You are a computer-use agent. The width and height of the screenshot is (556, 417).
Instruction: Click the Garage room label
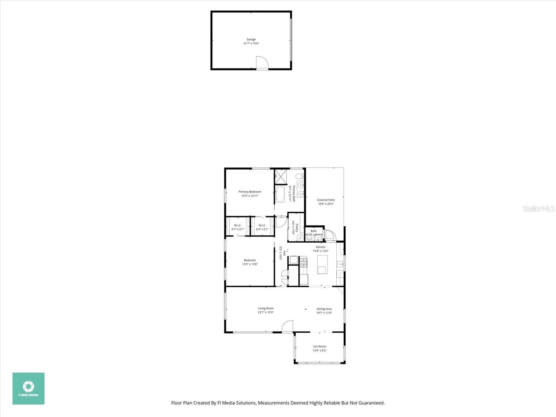(251, 40)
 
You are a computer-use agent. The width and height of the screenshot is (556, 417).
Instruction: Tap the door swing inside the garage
(262, 63)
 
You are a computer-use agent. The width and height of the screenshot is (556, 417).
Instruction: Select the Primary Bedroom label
(250, 192)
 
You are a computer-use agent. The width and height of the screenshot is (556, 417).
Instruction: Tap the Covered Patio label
(326, 200)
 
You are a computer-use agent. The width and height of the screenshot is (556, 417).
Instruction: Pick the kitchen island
(322, 265)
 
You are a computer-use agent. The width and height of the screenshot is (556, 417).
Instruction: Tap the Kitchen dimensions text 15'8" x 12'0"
(320, 251)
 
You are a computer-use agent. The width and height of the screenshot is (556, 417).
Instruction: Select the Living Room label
(265, 308)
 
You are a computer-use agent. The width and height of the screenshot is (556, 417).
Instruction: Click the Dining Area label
(324, 309)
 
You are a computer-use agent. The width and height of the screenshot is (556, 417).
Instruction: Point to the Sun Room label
(319, 346)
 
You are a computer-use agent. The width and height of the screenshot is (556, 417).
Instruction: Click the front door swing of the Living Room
(287, 327)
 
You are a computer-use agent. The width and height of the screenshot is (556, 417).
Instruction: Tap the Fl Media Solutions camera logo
(28, 386)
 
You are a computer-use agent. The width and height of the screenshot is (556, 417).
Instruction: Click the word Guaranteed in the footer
(372, 403)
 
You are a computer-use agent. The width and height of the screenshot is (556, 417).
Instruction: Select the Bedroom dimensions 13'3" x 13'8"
(250, 264)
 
